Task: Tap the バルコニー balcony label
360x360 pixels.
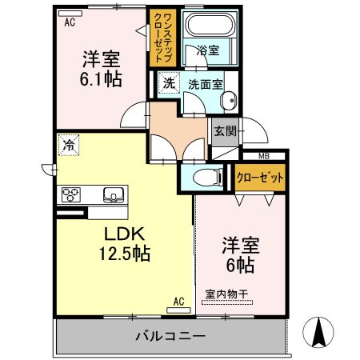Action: tap(170, 334)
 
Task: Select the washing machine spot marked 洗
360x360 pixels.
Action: tap(168, 83)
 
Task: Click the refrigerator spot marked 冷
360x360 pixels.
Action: tap(70, 146)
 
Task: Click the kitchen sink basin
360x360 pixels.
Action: tap(113, 194)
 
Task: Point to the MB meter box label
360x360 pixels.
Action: tap(264, 156)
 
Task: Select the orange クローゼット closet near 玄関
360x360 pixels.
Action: tap(260, 178)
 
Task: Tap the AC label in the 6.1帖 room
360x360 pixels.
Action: tap(70, 22)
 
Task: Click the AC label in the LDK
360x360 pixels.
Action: tap(180, 302)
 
